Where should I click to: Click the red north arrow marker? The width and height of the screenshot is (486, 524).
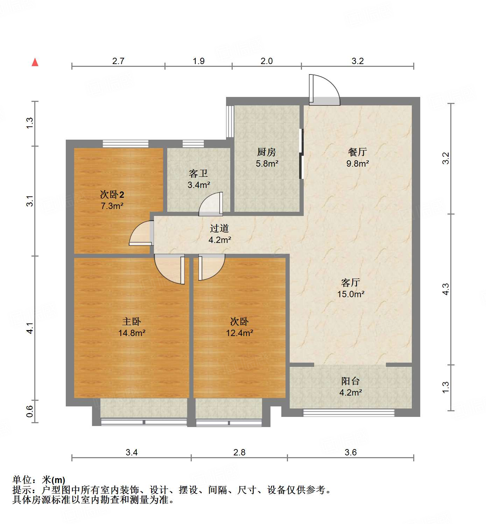pos(35,62)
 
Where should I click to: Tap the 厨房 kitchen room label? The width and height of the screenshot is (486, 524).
pos(266,152)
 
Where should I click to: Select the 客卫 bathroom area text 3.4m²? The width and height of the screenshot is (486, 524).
pos(199,185)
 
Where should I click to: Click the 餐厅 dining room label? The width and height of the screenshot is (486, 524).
pos(357,152)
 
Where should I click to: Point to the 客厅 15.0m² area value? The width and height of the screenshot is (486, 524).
pos(351,294)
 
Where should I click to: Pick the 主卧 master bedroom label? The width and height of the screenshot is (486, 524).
pos(132,321)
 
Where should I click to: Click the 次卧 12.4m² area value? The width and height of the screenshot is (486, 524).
pos(239,333)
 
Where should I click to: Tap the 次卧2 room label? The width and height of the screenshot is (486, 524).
pos(112,195)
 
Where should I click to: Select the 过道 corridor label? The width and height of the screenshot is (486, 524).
pos(219,228)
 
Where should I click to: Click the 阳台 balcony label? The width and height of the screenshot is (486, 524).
pos(350,381)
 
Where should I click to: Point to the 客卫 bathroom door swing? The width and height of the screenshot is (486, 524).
pos(211,204)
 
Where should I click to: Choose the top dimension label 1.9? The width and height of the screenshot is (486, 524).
pos(198,61)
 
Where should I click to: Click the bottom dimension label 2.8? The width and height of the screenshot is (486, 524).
pos(239,452)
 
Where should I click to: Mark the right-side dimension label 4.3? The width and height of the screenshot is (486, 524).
pos(445,289)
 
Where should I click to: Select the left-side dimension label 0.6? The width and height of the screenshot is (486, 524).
pos(30,411)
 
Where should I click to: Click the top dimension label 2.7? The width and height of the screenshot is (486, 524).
pos(118,61)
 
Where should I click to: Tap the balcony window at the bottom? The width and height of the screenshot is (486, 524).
pos(348,413)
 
